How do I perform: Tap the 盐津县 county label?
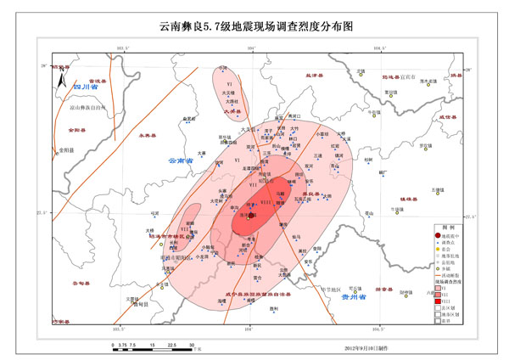pos(316,76)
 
